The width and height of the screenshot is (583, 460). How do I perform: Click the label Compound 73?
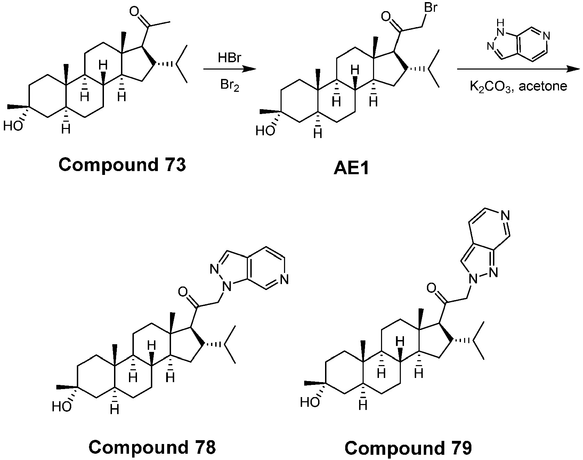(x=122, y=165)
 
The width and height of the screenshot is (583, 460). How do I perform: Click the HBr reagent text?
(x=229, y=58)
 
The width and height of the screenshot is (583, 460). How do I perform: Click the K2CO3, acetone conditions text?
(x=518, y=86)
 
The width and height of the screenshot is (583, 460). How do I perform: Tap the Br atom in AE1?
(x=431, y=8)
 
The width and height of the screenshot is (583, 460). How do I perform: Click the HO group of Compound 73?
(x=13, y=126)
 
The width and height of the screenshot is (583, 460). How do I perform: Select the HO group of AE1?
(x=265, y=131)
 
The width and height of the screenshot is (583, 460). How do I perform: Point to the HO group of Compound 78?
(x=62, y=406)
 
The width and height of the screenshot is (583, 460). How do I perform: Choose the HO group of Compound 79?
(x=310, y=402)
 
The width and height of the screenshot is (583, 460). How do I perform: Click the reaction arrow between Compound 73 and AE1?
(x=229, y=69)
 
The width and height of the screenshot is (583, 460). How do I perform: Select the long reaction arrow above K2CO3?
(x=518, y=69)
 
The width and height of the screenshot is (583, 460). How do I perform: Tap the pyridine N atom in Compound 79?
(x=506, y=217)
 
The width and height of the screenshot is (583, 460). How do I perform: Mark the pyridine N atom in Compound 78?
(x=284, y=279)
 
